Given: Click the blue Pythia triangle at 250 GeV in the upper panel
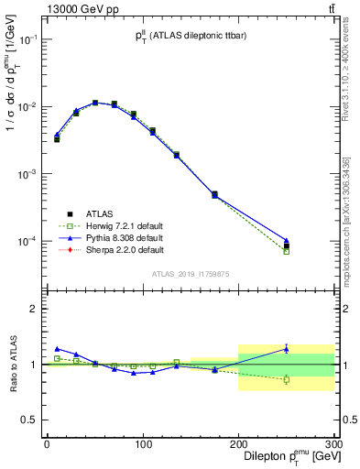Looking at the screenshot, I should click(x=286, y=240).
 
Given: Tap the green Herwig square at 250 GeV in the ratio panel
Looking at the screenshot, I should click(x=286, y=379).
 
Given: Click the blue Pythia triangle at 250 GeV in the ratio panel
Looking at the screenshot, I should click(x=286, y=348).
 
